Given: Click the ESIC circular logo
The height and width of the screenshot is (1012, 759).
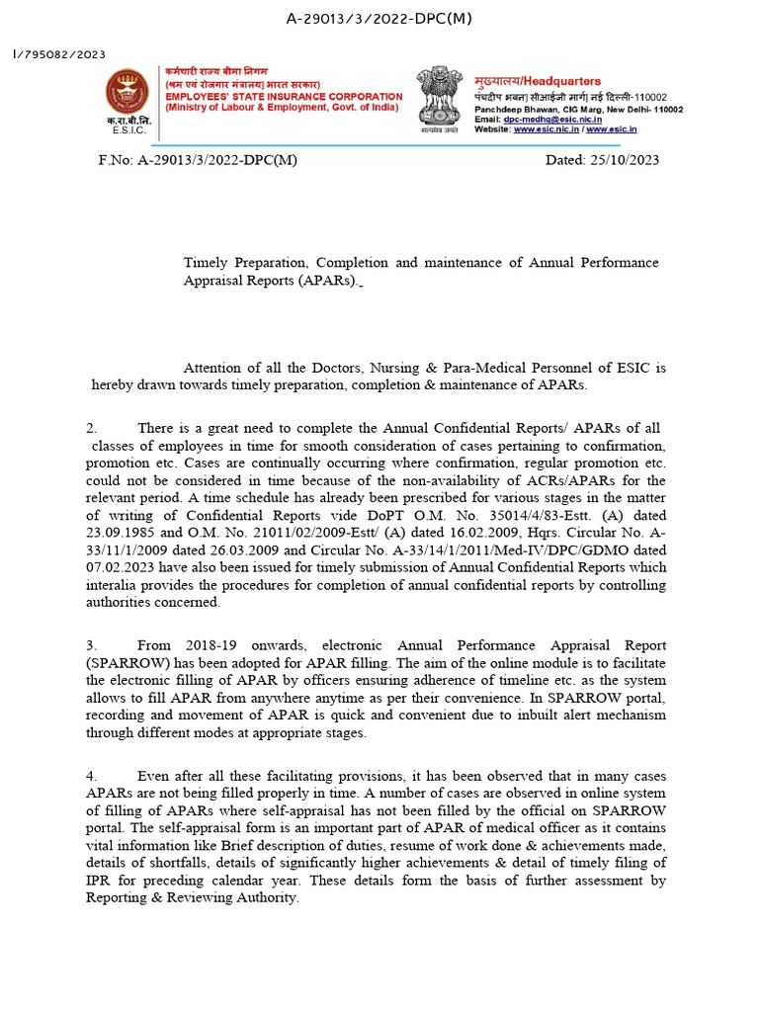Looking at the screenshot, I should (126, 90).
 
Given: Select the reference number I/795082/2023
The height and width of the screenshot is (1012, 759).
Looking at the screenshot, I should (59, 55).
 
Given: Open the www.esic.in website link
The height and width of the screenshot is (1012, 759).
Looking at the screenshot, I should (612, 128).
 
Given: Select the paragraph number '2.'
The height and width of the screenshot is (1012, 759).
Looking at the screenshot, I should (92, 428).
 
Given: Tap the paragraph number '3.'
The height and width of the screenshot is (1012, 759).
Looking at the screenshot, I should (92, 645).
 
